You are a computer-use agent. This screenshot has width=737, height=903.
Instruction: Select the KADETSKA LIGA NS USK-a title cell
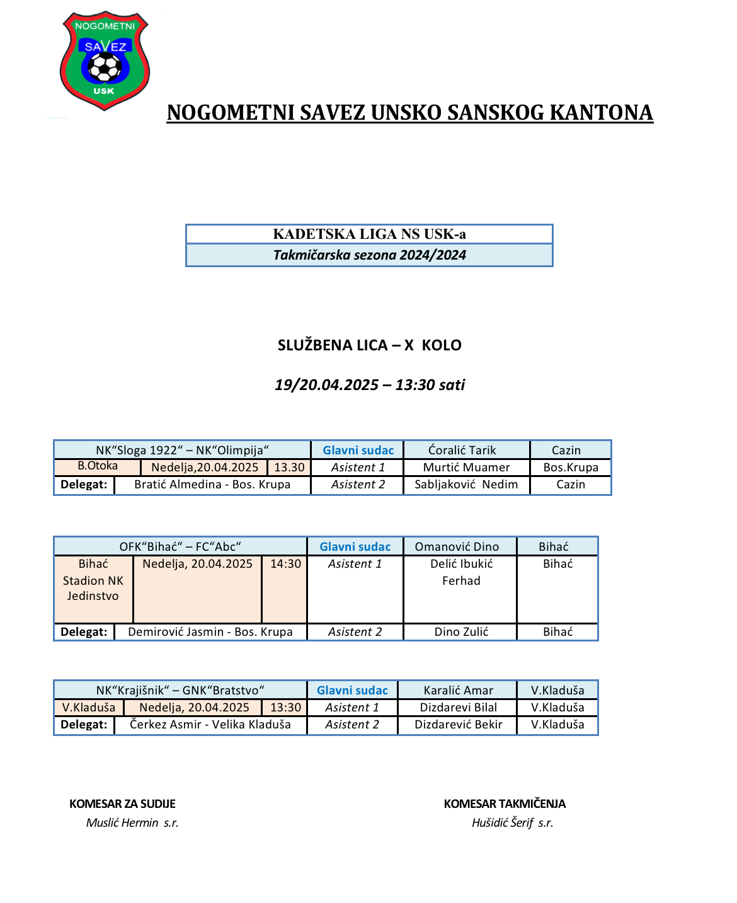coord(369,234)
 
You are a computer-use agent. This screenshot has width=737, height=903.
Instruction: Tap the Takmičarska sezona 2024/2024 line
coord(369,255)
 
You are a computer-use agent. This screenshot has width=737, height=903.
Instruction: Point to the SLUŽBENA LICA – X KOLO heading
coord(369,345)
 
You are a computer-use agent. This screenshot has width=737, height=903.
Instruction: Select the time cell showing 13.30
coord(289,468)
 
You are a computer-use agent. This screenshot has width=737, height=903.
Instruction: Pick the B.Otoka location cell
coord(98,466)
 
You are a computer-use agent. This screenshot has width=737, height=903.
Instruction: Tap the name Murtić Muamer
coord(466,468)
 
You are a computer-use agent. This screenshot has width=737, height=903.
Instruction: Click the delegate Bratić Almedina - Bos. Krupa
coord(212,485)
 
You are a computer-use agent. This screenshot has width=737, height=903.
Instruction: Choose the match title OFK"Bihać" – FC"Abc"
coord(180,547)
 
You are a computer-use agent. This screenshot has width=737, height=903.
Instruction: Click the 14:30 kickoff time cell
coord(285,564)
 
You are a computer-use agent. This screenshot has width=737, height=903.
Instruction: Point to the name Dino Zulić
coord(461,632)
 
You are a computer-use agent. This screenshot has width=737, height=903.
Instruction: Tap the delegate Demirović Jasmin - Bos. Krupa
coord(210,632)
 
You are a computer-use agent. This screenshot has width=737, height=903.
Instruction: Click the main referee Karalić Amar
coord(458,691)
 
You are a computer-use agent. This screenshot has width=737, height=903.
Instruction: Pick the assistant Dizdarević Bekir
coord(458,725)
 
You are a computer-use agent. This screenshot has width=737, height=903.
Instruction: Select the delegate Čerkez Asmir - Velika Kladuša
coord(210,725)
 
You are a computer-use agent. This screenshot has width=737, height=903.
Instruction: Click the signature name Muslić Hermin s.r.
coord(132,823)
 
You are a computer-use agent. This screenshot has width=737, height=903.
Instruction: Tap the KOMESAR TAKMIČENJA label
coord(505,804)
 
